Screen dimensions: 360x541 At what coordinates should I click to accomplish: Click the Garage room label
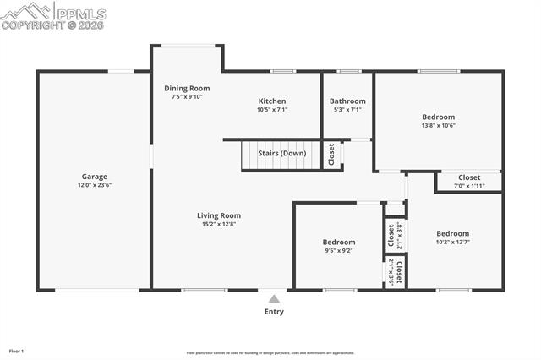click(95, 177)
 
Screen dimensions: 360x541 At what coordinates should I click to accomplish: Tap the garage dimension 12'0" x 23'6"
click(95, 185)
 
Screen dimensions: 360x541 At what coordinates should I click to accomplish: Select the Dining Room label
click(187, 88)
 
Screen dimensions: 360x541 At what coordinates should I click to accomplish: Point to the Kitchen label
click(272, 101)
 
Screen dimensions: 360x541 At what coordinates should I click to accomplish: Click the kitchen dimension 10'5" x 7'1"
click(272, 110)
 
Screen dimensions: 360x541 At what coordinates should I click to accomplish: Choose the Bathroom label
click(347, 101)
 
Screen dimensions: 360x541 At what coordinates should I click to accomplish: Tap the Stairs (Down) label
click(281, 154)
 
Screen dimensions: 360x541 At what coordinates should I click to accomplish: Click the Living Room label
click(219, 215)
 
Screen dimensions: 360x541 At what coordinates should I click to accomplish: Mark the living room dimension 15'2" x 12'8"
click(219, 224)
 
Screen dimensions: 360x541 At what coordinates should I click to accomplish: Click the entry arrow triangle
click(274, 298)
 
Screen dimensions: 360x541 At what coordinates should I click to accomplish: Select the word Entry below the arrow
click(274, 312)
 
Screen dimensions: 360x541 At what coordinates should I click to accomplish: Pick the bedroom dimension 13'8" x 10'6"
click(439, 125)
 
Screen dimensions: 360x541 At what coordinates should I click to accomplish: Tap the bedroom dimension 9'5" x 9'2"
click(338, 250)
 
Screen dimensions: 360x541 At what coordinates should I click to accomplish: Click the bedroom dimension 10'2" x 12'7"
click(452, 242)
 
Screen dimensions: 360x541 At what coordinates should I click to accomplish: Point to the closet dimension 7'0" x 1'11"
click(469, 186)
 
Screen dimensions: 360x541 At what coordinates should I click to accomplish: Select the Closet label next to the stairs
click(331, 155)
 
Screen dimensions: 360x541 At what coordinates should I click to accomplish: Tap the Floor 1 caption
click(16, 350)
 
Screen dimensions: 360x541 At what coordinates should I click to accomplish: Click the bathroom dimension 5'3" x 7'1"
click(347, 110)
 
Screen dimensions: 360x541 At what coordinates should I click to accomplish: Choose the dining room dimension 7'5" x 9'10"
click(187, 96)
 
